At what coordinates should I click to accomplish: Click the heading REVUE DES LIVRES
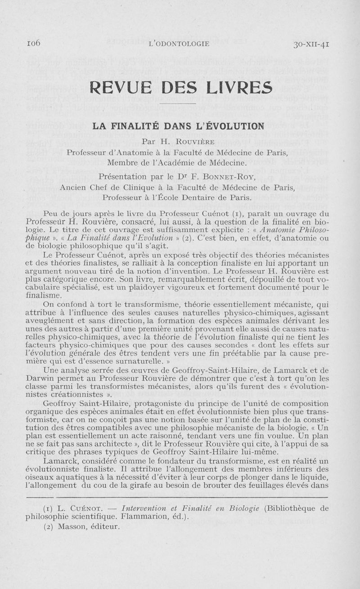click(x=181, y=87)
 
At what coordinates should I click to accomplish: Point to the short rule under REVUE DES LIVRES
click(x=180, y=104)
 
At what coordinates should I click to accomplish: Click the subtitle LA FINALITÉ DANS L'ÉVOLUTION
click(x=180, y=127)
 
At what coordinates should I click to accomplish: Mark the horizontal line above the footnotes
click(x=180, y=498)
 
